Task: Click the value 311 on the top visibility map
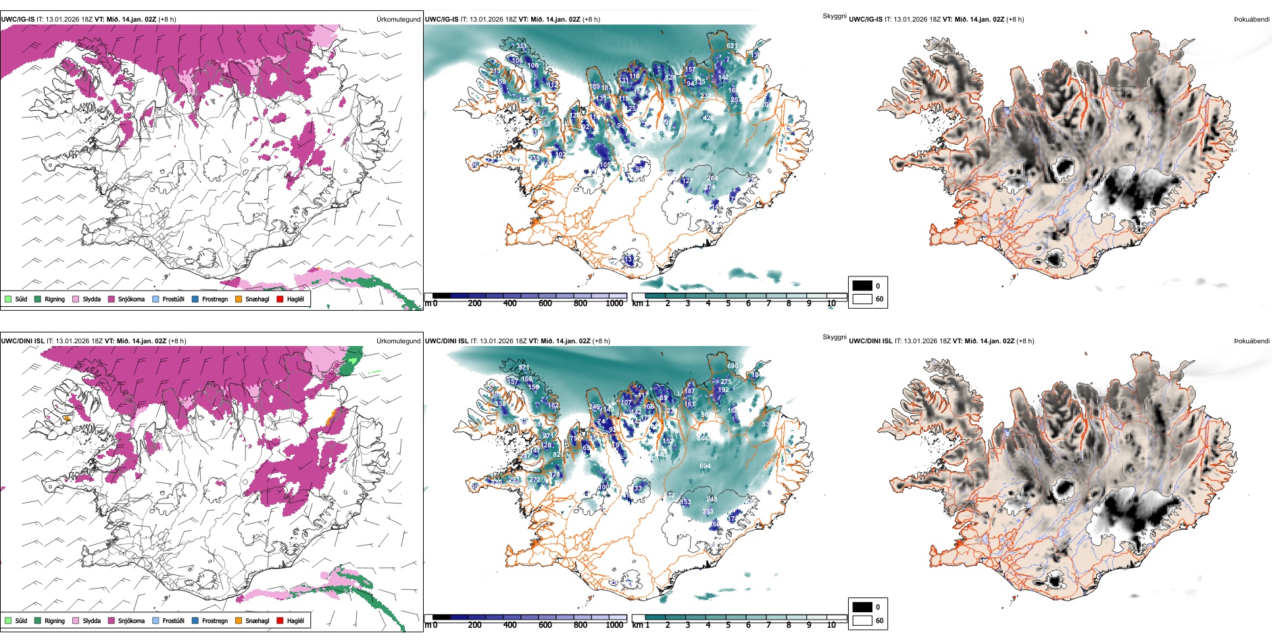[x=521, y=47]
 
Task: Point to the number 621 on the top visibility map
[x=732, y=46]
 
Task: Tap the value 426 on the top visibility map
[x=708, y=118]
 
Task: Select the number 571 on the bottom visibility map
[x=524, y=368]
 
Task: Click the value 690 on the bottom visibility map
[x=733, y=366]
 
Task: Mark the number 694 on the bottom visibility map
[x=705, y=466]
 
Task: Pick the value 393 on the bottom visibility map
[x=708, y=512]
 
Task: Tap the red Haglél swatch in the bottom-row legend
[x=280, y=620]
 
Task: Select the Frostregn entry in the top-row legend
[x=195, y=299]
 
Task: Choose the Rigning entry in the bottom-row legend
[x=39, y=620]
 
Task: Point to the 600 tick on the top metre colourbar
[x=545, y=303]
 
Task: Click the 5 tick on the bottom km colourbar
[x=729, y=625]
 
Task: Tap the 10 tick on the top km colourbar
[x=831, y=303]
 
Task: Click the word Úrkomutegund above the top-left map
[x=398, y=20]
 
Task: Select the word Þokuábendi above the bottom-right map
[x=1252, y=341]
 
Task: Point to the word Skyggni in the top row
[x=834, y=16]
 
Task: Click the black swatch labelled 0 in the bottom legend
[x=862, y=607]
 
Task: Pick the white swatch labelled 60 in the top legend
[x=862, y=299]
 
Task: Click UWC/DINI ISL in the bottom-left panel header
[x=22, y=341]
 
